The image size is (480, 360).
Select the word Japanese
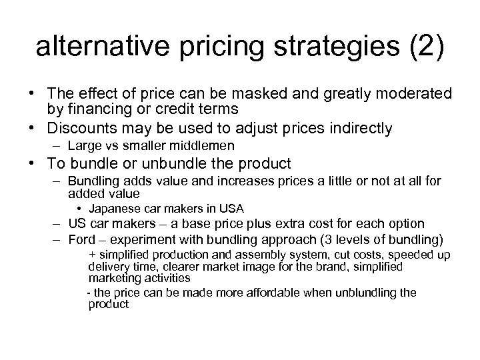pyautogui.click(x=119, y=209)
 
